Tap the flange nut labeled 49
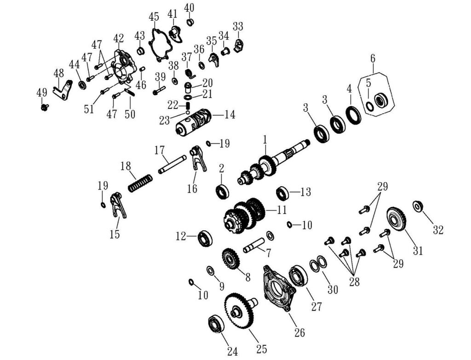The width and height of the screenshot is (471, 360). (x=45, y=107)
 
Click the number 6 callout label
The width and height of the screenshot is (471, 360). (x=373, y=58)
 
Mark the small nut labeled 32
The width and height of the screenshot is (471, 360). (x=418, y=206)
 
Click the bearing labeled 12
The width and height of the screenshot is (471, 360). (x=205, y=238)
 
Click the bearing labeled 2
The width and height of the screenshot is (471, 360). (x=223, y=191)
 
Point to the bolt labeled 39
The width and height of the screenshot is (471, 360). (x=158, y=90)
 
